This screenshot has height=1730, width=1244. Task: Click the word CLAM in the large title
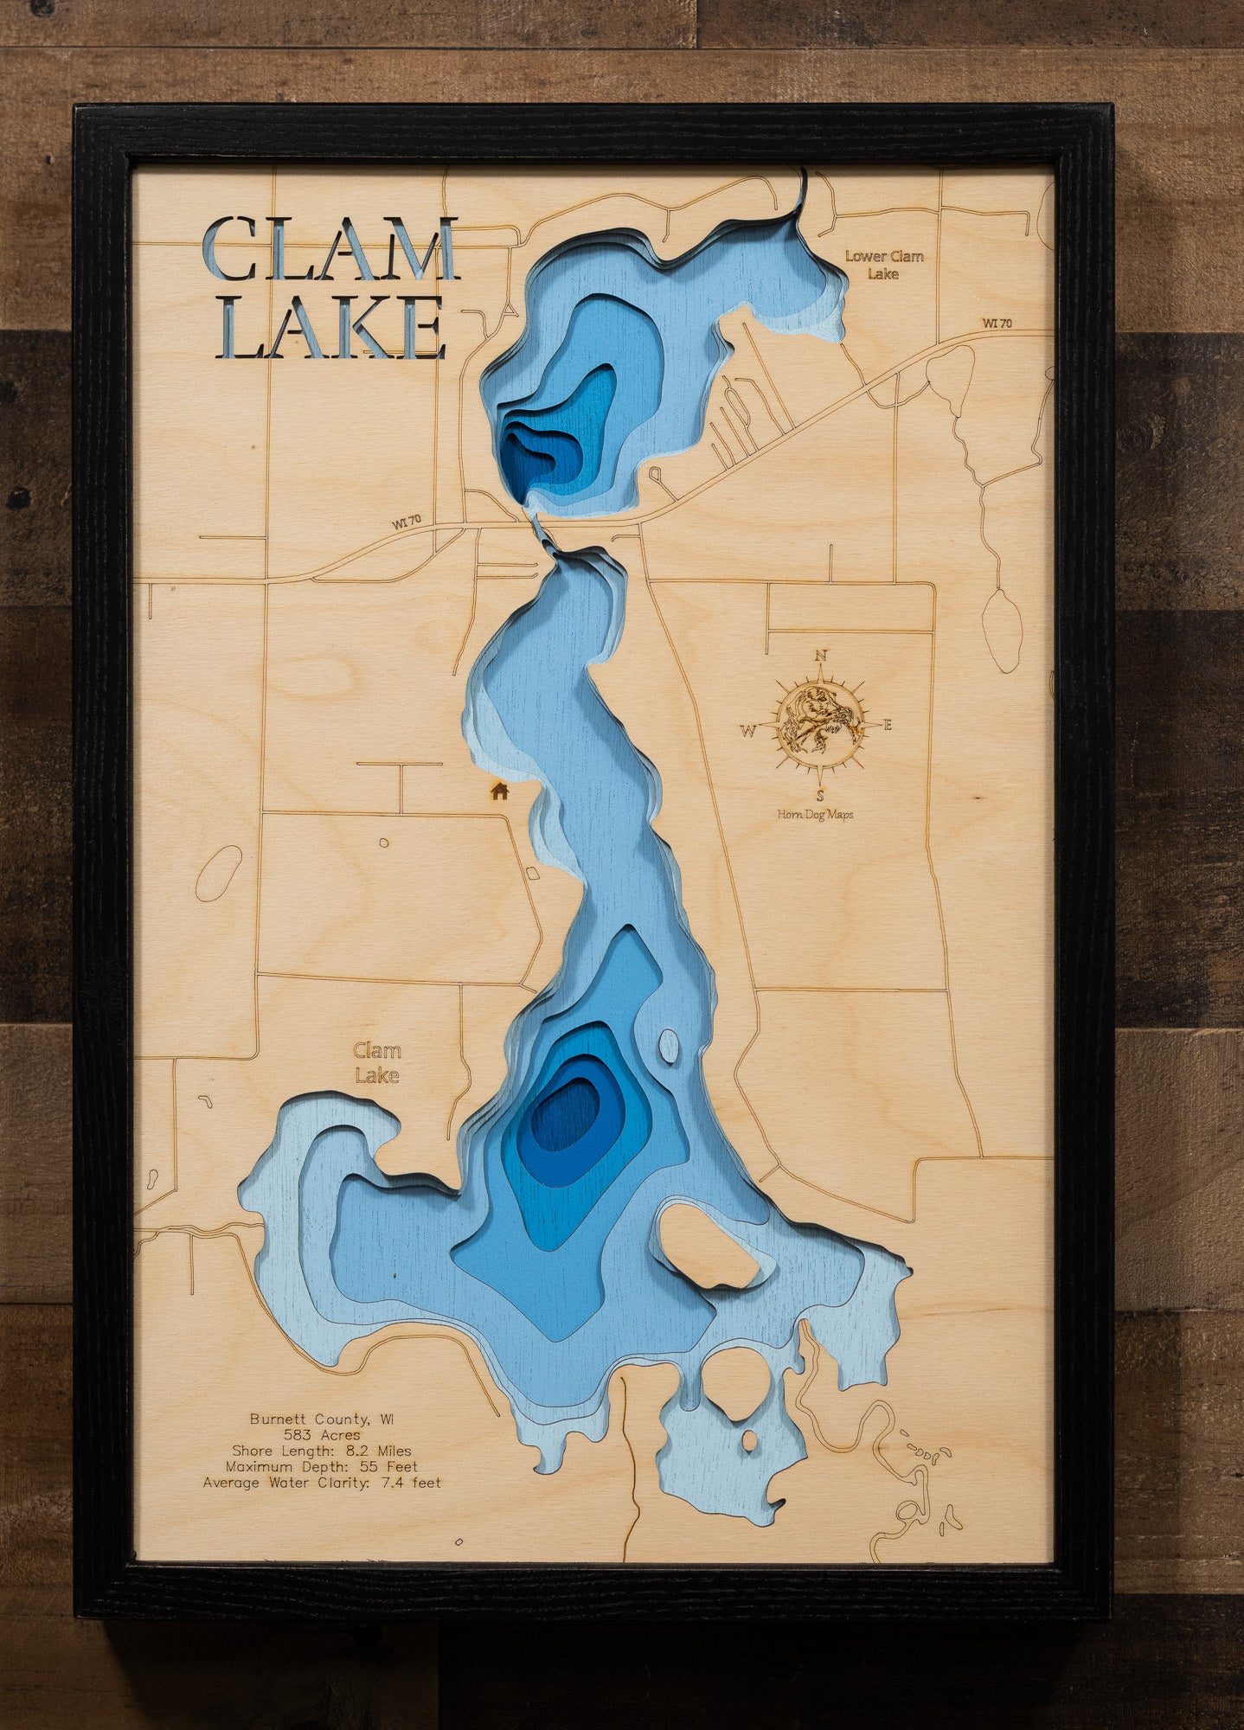point(330,251)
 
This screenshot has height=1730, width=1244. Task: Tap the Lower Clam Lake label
point(884,265)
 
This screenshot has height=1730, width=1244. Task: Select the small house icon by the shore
point(499,790)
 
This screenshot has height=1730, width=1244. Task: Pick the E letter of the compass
point(888,726)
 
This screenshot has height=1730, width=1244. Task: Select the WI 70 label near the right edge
point(997,324)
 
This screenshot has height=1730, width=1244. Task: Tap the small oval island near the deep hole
point(669,1046)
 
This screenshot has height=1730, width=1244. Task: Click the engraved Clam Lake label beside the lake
point(377,1063)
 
